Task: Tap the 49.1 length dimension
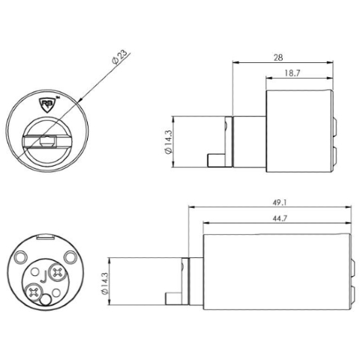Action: coord(271,202)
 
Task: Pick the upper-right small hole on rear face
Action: coord(70,257)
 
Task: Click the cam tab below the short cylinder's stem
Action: coord(216,160)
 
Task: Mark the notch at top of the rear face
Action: coord(44,238)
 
